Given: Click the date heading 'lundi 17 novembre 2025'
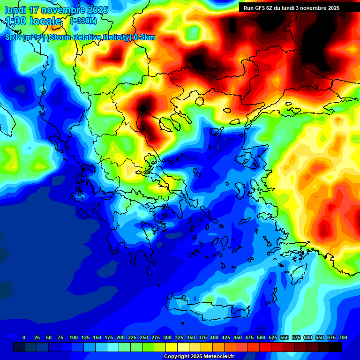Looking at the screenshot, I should point(56,10).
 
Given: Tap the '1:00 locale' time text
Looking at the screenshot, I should point(34,21).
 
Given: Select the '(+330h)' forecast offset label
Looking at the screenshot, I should point(83,21).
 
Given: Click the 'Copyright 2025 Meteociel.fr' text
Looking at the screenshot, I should point(199,357).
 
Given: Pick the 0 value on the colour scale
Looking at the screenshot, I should point(24,337).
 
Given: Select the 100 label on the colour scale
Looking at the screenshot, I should point(74,337).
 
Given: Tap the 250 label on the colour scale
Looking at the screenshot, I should point(144,337).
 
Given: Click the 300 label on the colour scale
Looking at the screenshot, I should point(167,337).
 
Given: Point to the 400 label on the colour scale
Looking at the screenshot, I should point(214,337).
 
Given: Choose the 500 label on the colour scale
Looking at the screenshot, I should point(261,337).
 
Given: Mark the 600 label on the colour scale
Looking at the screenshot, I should point(308,337).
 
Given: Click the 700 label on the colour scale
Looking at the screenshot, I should point(343,337).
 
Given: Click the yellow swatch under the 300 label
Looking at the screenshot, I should point(172,347).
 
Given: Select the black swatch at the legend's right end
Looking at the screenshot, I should point(336,347).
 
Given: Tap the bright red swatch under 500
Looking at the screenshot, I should point(265,347).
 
